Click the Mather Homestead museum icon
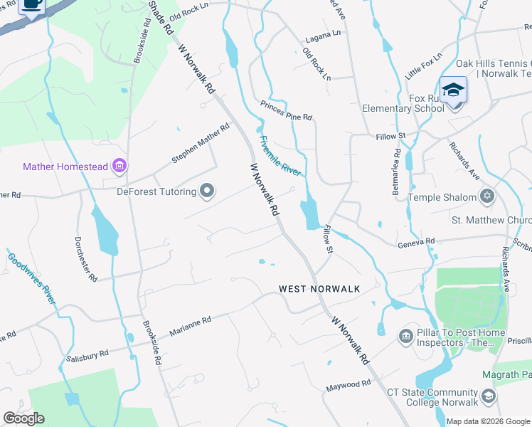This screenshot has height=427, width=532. pos(119,167)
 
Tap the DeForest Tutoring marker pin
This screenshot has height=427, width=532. pos(207,191)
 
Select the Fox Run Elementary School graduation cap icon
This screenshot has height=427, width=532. pos(453,90)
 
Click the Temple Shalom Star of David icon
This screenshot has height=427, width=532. pos(487,196)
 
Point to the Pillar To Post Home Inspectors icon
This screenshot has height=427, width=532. pos(406,335)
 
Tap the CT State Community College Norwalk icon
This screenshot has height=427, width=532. pos(488,396)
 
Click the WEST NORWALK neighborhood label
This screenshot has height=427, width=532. pos(319,289)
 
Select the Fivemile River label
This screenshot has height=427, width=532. pos(280,156)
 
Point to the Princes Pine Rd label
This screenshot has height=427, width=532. pos(286,111)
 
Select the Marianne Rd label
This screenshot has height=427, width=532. pos(190,327)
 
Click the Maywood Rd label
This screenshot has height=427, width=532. pos(349,385)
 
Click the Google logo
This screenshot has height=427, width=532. pos(23,418)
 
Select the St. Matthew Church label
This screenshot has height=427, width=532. pos(491,221)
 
